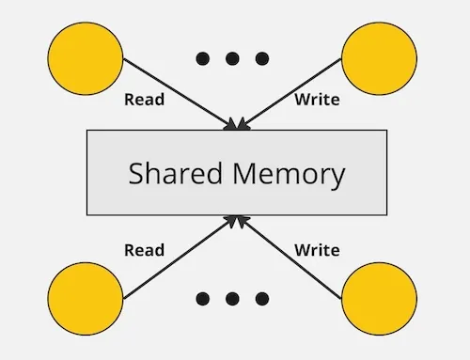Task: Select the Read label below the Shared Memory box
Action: (x=144, y=250)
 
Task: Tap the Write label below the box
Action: (x=317, y=250)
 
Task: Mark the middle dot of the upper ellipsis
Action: (x=232, y=58)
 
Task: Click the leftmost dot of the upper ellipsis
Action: (x=203, y=58)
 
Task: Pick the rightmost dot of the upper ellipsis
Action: (x=261, y=58)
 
